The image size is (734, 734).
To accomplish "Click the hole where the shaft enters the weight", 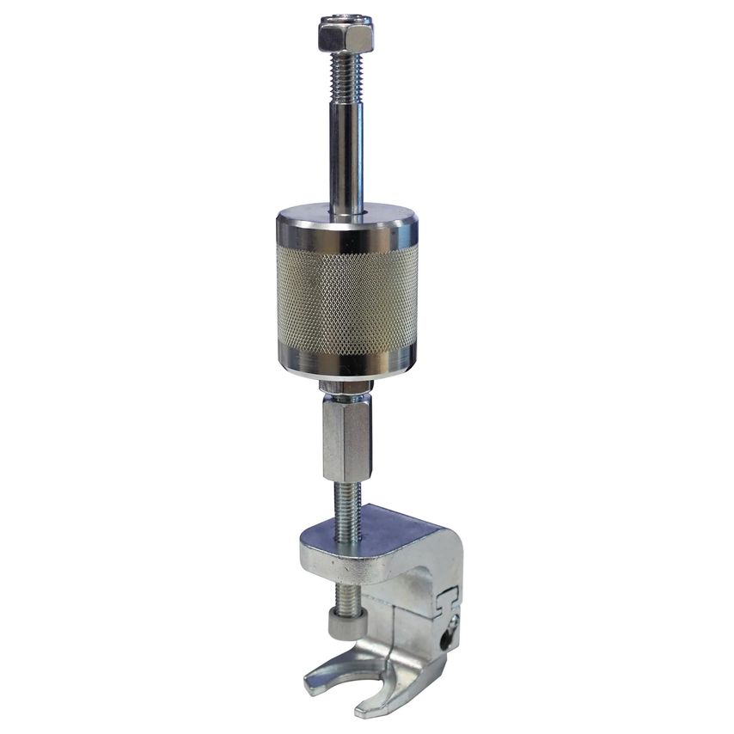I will pyautogui.click(x=348, y=211).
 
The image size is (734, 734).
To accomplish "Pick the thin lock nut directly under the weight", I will pyautogui.click(x=346, y=388).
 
